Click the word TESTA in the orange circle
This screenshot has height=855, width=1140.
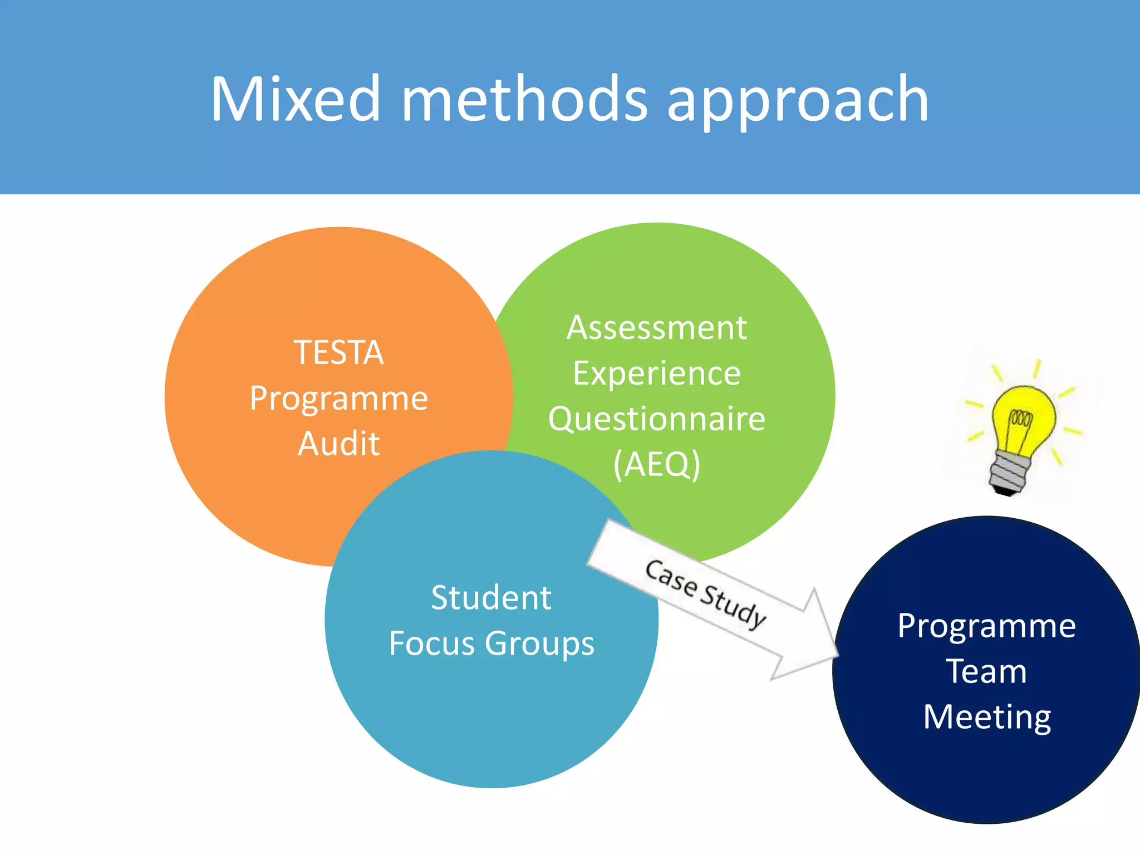pos(338,352)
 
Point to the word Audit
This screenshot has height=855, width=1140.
pos(338,444)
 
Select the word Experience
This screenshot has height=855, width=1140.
pos(657,374)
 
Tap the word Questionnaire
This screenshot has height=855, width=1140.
pos(657,419)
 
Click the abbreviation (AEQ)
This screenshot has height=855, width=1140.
pos(657,464)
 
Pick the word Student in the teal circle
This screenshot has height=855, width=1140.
pos(492,598)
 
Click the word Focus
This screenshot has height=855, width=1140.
pos(432,643)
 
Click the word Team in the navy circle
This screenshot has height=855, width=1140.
pos(986,671)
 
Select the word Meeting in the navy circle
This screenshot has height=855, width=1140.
pos(986,717)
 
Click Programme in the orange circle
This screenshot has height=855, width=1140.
pos(338,399)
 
